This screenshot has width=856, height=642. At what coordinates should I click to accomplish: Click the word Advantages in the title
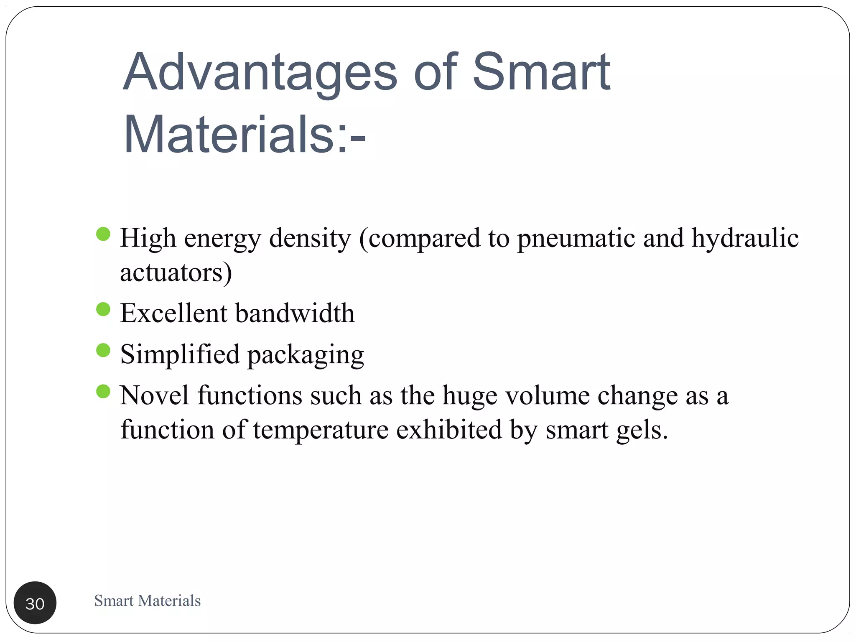tap(260, 72)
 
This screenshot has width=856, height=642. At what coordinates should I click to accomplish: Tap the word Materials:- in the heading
tap(245, 135)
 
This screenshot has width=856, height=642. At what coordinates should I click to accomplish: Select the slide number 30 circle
tap(35, 603)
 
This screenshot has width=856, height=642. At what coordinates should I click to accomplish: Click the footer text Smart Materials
tap(147, 601)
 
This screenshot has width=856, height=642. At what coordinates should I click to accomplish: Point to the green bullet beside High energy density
tap(103, 234)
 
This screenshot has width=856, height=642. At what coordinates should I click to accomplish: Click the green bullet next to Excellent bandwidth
tap(103, 309)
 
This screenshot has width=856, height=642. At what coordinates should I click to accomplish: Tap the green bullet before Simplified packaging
tap(103, 350)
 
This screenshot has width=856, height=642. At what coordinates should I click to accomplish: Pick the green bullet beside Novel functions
tap(103, 392)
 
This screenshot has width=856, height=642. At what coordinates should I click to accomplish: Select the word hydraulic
tap(745, 238)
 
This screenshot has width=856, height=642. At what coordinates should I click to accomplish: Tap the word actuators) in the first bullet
tap(176, 273)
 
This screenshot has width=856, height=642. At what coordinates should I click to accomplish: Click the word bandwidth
tap(295, 313)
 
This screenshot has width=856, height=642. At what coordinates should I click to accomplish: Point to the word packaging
tap(306, 355)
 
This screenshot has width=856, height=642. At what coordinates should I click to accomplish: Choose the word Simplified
tap(180, 354)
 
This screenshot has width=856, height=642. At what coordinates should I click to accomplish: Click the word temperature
tap(321, 430)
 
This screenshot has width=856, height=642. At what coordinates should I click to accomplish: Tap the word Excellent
tap(173, 313)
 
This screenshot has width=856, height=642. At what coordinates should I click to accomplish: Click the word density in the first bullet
tap(310, 238)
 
